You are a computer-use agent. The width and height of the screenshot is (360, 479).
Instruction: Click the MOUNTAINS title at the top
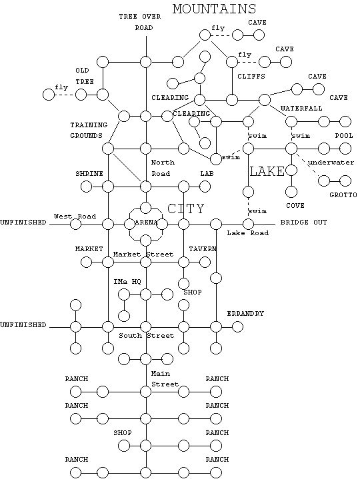[x=214, y=9]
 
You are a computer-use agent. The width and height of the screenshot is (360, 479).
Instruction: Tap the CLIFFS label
[x=251, y=76]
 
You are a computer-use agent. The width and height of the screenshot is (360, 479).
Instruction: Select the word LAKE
[x=267, y=171]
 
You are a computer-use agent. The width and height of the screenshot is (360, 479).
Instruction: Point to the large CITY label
[x=185, y=209]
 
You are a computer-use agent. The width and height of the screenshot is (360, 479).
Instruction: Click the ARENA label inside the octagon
[x=146, y=222]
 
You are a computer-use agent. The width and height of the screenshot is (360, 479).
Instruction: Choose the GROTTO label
[x=343, y=195]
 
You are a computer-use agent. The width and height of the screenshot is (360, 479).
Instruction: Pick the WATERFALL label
[x=301, y=108]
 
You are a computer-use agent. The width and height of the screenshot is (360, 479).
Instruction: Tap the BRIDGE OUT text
[x=303, y=222]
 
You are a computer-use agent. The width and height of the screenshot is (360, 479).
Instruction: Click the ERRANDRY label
[x=245, y=313]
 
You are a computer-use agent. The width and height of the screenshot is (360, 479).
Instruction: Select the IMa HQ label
[x=127, y=281]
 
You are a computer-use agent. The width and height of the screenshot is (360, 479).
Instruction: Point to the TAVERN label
[x=203, y=249]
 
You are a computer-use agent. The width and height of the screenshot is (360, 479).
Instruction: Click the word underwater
[x=331, y=163]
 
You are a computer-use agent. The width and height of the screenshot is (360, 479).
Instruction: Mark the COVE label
[x=295, y=206]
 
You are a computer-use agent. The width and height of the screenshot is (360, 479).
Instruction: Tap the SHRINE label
[x=89, y=173]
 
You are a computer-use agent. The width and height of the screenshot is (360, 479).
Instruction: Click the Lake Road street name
[x=247, y=233]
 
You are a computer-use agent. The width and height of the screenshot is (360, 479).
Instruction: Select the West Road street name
[x=75, y=217]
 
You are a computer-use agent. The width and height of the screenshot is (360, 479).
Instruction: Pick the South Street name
[x=146, y=335]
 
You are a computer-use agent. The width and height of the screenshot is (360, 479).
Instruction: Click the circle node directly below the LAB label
[x=205, y=187]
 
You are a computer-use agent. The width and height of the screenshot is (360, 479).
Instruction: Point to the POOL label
[x=344, y=136]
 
